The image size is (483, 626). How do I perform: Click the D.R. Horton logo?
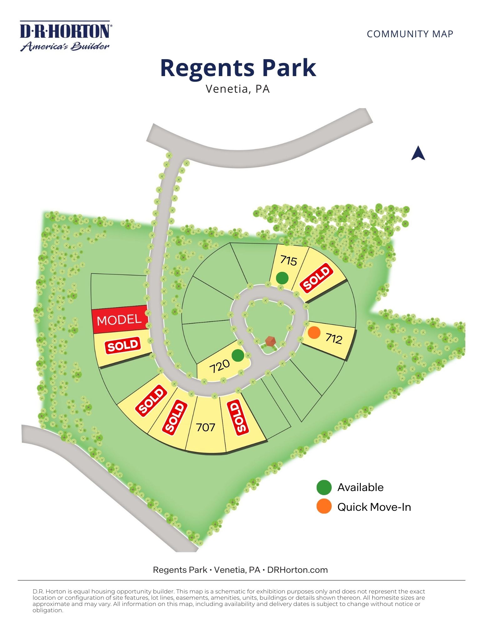pos(65,36)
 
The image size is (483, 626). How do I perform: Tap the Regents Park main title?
pos(238,68)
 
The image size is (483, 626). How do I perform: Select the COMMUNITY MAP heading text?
pos(410,34)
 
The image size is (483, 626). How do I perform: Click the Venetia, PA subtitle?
pos(238,89)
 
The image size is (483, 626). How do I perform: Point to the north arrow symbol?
pos(418,153)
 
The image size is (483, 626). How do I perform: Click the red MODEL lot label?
pos(119,320)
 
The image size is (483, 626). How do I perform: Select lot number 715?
pos(288,260)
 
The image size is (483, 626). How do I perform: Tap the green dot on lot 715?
pos(282,278)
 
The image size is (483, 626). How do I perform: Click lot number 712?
pos(334,338)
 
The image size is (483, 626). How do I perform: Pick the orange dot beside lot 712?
pos(314,333)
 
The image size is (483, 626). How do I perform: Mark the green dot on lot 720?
pos(238,355)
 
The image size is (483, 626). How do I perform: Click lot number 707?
pos(205,427)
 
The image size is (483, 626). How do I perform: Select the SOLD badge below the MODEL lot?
pos(123,345)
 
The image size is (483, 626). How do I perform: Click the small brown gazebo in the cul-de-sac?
pos(270,341)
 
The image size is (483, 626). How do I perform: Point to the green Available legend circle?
pos(324,487)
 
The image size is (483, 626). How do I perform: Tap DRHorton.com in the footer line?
pos(297,570)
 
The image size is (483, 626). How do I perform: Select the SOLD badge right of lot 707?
pos(238,417)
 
